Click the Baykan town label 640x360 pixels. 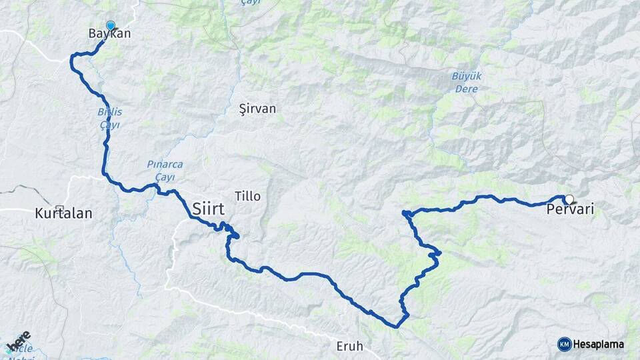point(109,33)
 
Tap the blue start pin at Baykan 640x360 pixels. point(110,25)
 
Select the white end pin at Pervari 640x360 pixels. point(569,199)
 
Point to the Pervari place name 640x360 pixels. point(570,211)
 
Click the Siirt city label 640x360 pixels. point(208,209)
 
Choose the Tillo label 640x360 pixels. point(248,196)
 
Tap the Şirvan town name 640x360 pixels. point(257,109)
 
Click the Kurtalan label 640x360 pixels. point(63,214)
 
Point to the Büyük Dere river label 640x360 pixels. point(466,81)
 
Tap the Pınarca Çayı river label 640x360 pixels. point(165,170)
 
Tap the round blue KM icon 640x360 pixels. point(564,344)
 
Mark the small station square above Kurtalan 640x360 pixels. point(60,208)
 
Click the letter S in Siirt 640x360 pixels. point(197,209)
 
